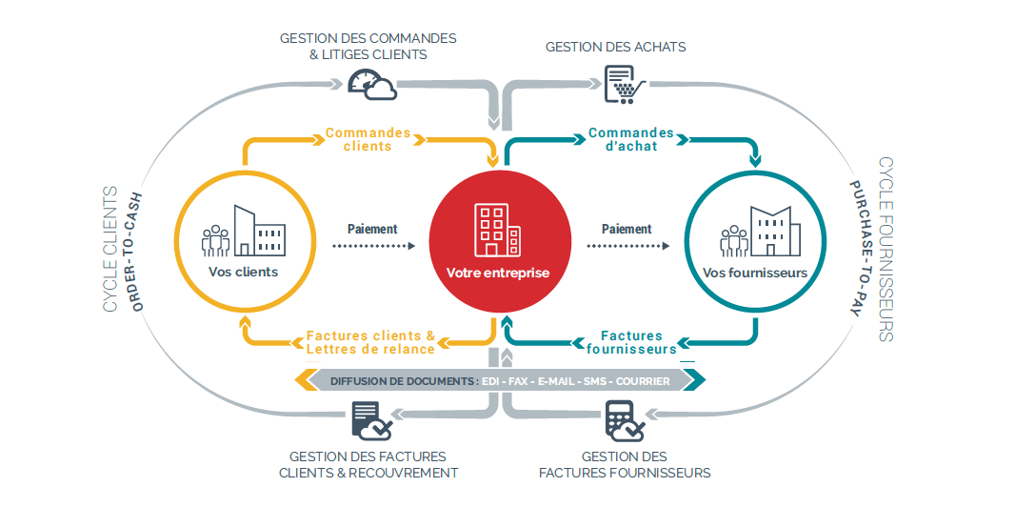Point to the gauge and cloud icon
[x=372, y=84]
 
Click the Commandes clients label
[x=368, y=139]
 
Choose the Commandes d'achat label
[x=631, y=139]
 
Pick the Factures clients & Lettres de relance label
[x=370, y=342]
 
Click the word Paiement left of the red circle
[x=372, y=229]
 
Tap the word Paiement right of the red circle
[x=627, y=229]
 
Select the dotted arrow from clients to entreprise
[x=373, y=246]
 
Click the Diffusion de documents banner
[x=500, y=381]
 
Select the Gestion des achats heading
[x=615, y=47]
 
